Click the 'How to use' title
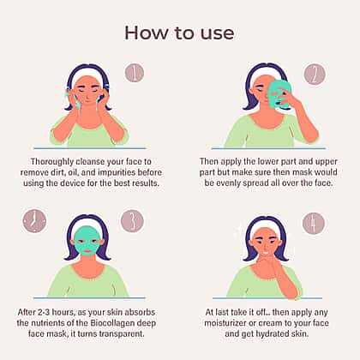coord(179,33)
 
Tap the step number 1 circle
coord(135,73)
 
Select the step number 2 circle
coord(315,74)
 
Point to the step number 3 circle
coord(132,221)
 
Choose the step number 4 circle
coord(314,223)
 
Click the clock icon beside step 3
coord(34,221)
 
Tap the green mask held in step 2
coord(279,94)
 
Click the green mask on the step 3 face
coord(87,241)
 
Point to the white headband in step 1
coord(88,74)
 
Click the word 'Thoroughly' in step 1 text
coord(52,162)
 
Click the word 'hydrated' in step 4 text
coord(273,333)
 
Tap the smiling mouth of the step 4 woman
coord(266,252)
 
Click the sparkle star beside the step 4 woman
coord(241,229)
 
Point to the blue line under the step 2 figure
coord(268,148)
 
